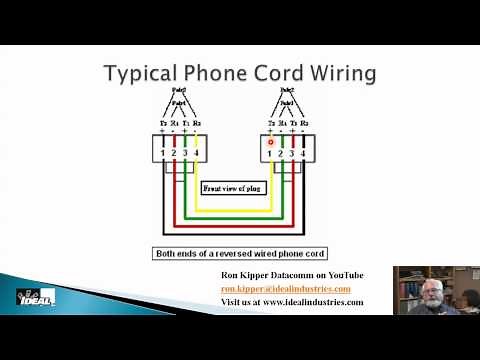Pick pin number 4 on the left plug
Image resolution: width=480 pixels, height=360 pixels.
tap(197, 153)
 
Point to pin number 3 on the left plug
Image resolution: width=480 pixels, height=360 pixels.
tap(185, 153)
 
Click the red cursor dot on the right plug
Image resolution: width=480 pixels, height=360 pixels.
tap(270, 142)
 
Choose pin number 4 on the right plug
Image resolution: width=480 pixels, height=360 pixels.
tap(304, 153)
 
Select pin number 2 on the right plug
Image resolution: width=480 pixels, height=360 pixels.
tap(281, 153)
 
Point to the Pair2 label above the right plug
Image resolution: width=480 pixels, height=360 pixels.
tap(286, 91)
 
